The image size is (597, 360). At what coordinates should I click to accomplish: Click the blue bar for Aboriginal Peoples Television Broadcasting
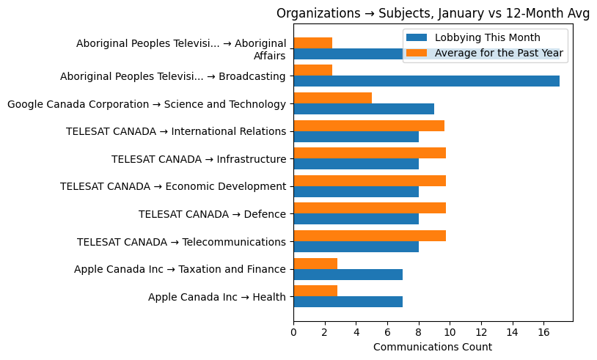pyautogui.click(x=426, y=81)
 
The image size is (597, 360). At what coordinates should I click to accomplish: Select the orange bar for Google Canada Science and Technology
pyautogui.click(x=332, y=98)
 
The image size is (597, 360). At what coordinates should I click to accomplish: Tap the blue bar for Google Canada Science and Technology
pyautogui.click(x=364, y=109)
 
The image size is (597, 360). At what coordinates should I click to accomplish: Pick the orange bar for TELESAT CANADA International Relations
pyautogui.click(x=369, y=125)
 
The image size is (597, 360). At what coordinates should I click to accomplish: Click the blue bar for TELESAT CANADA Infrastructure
pyautogui.click(x=356, y=164)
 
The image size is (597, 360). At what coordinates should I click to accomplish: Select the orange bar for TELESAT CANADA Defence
pyautogui.click(x=370, y=208)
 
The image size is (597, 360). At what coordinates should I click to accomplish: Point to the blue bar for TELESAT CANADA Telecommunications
pyautogui.click(x=356, y=246)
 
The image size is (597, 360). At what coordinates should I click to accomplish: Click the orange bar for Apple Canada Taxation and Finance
pyautogui.click(x=315, y=263)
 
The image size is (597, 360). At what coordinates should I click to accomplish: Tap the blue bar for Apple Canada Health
pyautogui.click(x=348, y=301)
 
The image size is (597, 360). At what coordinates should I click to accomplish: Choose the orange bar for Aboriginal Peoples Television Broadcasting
pyautogui.click(x=312, y=70)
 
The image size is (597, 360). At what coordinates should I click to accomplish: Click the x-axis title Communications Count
pyautogui.click(x=433, y=347)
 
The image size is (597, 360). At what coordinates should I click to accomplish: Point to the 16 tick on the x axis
pyautogui.click(x=543, y=332)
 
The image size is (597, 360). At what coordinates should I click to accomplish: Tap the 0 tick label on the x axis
pyautogui.click(x=293, y=332)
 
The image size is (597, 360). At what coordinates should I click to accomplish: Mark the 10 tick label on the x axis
pyautogui.click(x=450, y=332)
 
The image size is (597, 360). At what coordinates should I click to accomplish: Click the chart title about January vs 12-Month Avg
pyautogui.click(x=433, y=13)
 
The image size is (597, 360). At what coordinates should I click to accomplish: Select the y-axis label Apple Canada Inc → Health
pyautogui.click(x=216, y=297)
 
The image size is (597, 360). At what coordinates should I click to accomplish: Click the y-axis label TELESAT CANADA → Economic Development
pyautogui.click(x=172, y=186)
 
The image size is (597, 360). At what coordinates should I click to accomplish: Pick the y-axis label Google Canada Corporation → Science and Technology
pyautogui.click(x=146, y=104)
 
